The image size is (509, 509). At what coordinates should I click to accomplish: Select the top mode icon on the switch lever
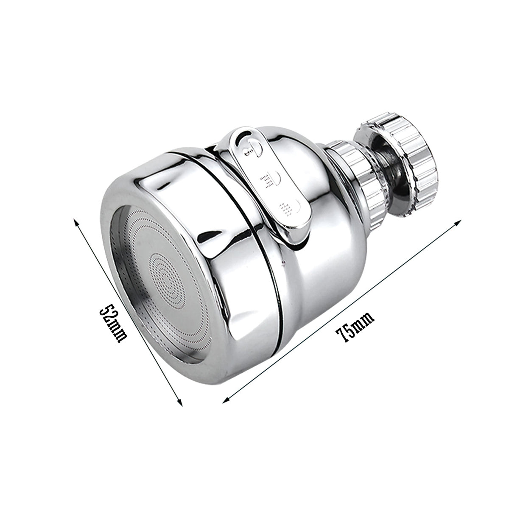tap(250, 148)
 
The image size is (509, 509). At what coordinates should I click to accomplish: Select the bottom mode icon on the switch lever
tap(288, 207)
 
